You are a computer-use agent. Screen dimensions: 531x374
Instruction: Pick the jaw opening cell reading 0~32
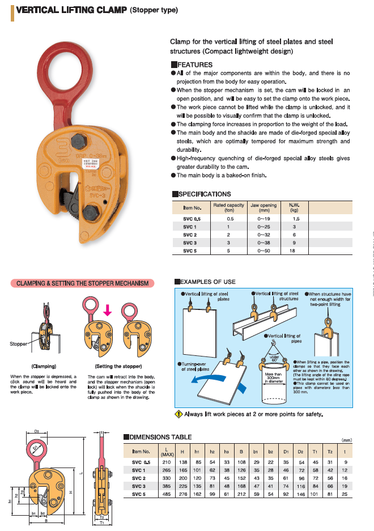(263, 234)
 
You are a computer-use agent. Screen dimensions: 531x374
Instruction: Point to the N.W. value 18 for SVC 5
(296, 250)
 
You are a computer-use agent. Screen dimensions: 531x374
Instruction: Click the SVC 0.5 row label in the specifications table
(191, 218)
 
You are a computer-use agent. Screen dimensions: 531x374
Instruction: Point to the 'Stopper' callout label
(19, 344)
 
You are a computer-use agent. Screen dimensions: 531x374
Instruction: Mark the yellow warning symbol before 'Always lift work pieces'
(178, 414)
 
